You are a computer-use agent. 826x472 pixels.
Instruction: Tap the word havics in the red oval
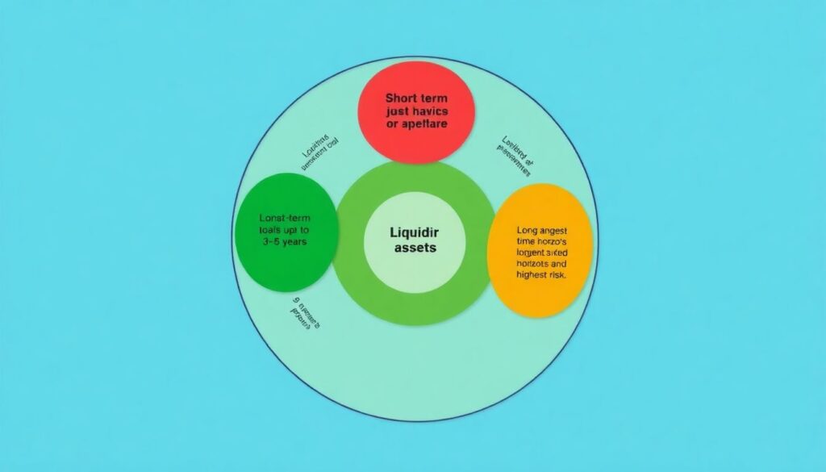tap(430, 111)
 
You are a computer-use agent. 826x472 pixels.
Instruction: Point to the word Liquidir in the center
tap(414, 232)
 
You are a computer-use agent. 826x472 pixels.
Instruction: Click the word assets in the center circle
tap(415, 249)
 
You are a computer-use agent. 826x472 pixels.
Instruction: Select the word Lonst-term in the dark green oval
tap(286, 219)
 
